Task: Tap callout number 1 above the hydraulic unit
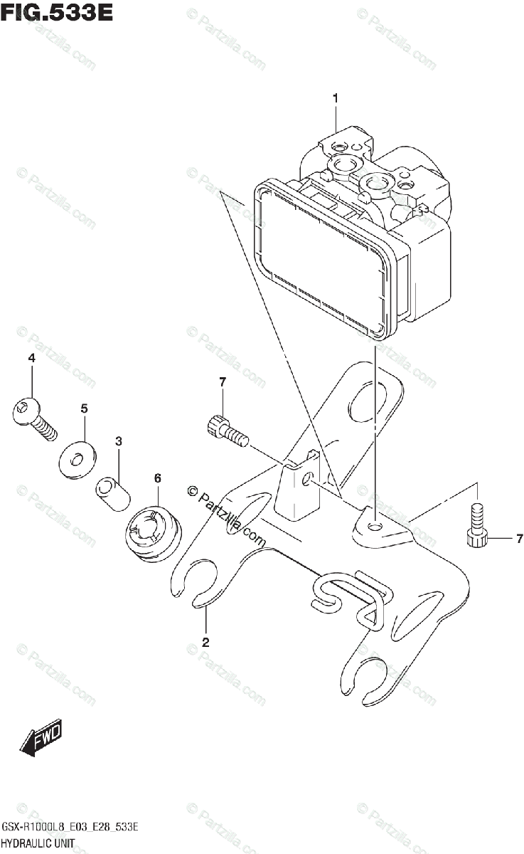336,98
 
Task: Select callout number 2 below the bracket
205,643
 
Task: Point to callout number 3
119,442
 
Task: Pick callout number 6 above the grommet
157,478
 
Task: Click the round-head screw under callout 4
35,417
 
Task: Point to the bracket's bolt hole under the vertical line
375,527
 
